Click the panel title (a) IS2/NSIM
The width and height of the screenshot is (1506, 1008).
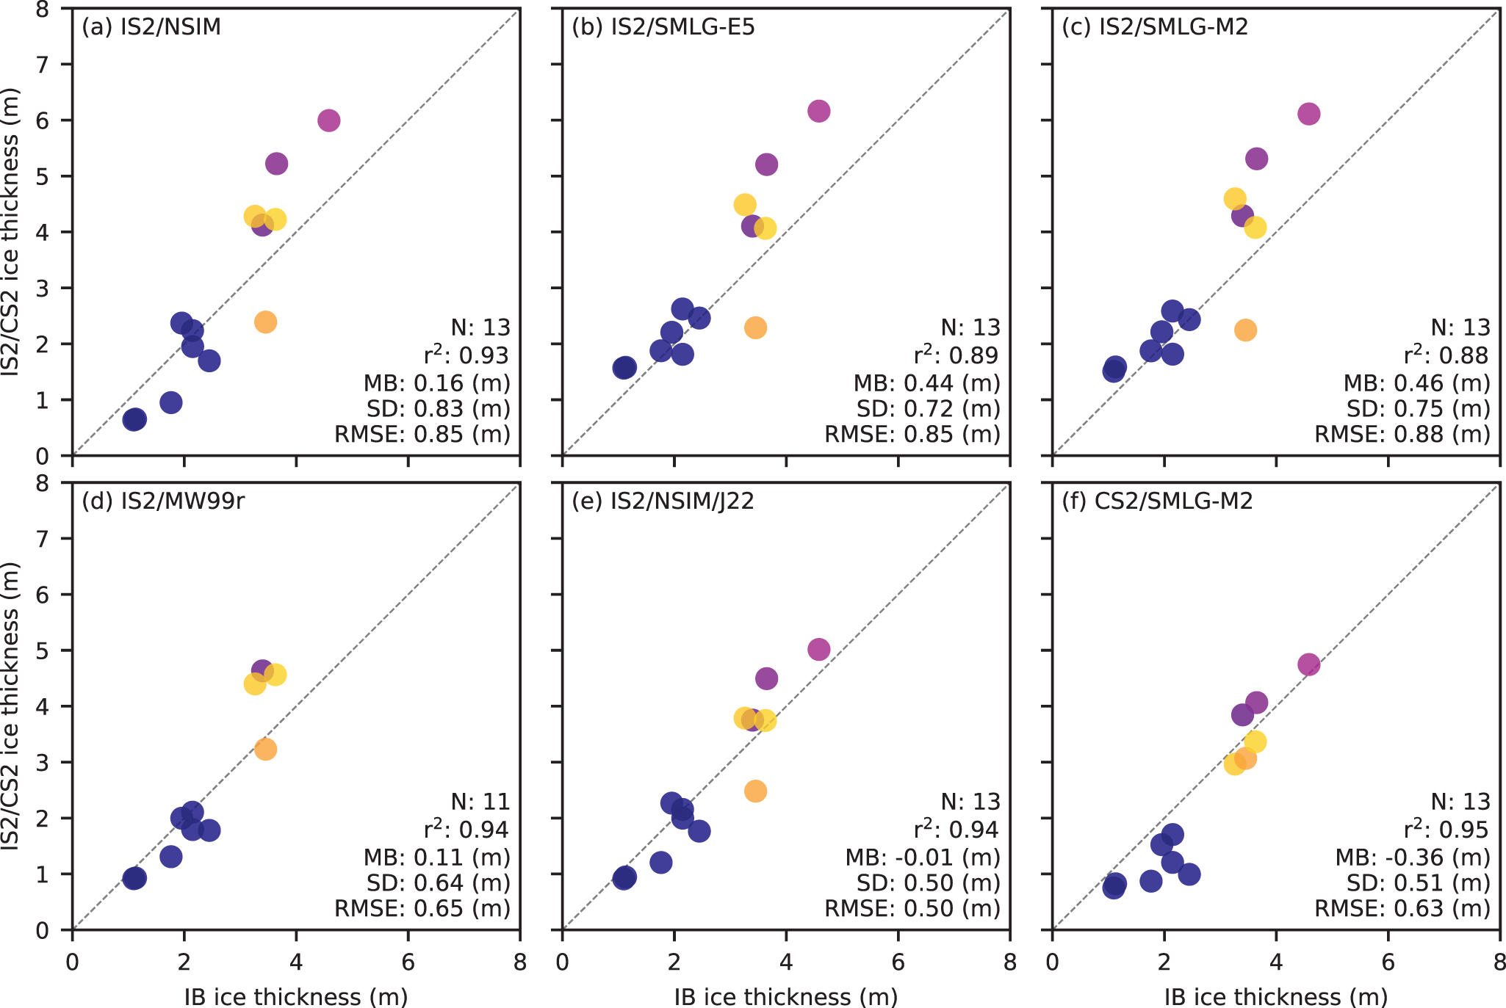coord(151,27)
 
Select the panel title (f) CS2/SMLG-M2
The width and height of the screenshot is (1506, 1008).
coord(1157,501)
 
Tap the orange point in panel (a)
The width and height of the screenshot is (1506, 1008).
coord(265,322)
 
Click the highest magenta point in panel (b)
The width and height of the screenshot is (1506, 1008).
coord(818,111)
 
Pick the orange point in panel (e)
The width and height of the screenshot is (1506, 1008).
coord(755,791)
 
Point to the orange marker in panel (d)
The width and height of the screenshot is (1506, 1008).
coord(265,749)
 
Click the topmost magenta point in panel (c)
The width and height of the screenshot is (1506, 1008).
coord(1308,114)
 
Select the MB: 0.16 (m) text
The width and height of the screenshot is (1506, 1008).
coord(436,382)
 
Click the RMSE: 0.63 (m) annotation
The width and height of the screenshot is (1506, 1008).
coord(1402,908)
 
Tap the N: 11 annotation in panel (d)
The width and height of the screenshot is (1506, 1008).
coord(480,801)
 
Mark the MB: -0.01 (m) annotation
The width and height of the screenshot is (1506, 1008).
coord(923,857)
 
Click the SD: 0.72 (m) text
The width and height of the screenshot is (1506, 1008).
coord(929,408)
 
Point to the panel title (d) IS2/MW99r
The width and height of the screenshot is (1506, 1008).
coord(163,501)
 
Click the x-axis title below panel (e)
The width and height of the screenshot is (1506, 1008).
coord(786,996)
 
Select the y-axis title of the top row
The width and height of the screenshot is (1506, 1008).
coord(10,232)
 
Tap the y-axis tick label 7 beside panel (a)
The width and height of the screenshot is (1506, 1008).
coord(44,65)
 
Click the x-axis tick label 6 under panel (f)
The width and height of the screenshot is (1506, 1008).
coord(1388,962)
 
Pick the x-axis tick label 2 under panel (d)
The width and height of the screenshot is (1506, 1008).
coord(184,962)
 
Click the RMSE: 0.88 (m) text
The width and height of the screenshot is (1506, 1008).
coord(1402,434)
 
